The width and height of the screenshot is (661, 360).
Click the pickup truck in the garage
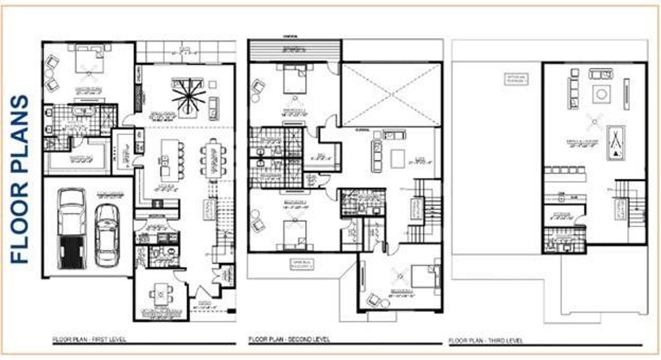pyautogui.click(x=71, y=228)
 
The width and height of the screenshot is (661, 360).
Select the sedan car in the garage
pyautogui.click(x=107, y=235)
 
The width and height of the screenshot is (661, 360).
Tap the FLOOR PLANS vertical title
pyautogui.click(x=20, y=179)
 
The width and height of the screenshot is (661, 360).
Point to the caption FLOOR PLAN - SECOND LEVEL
pyautogui.click(x=289, y=340)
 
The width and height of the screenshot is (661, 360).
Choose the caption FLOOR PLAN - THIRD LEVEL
pyautogui.click(x=486, y=341)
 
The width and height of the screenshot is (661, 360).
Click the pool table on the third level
pyautogui.click(x=616, y=143)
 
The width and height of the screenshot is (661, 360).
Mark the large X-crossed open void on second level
pyautogui.click(x=391, y=95)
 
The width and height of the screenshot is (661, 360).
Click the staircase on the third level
pyautogui.click(x=634, y=204)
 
